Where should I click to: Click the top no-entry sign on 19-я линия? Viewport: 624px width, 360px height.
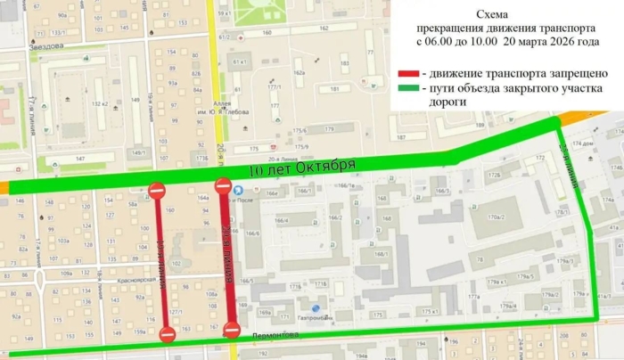coord(156,190)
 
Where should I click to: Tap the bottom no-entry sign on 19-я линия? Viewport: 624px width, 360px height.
coord(167,334)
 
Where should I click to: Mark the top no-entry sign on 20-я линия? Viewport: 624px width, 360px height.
coord(223,186)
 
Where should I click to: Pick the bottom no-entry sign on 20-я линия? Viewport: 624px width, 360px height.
coord(231,331)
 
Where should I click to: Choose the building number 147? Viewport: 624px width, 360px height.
coord(81,159)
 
